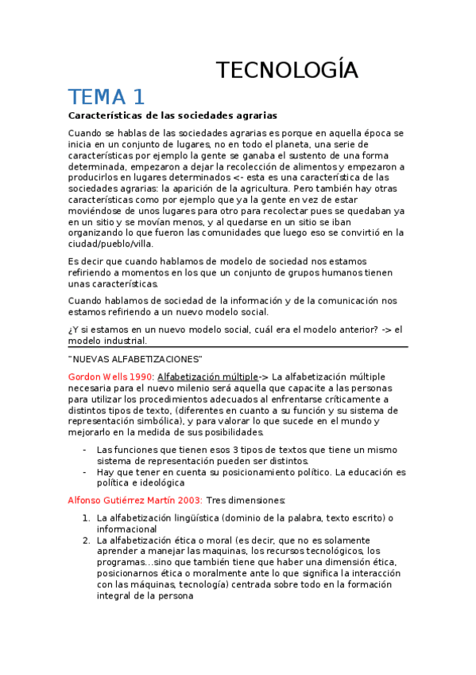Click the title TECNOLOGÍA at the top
288,70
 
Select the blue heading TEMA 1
106,97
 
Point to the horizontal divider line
238,347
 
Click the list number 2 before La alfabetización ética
86,540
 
